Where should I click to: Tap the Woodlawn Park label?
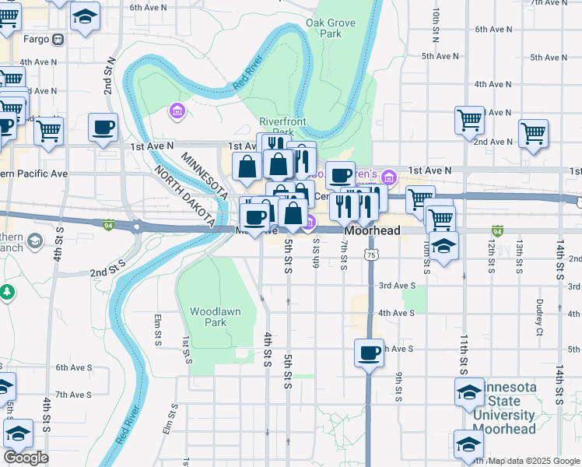click(x=209, y=317)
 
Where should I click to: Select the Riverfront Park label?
click(x=282, y=127)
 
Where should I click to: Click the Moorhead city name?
click(x=372, y=231)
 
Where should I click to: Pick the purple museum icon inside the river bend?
click(x=177, y=112)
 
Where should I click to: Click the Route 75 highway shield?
click(x=373, y=255)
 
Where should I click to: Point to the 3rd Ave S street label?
click(x=396, y=286)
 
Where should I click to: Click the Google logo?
click(x=26, y=458)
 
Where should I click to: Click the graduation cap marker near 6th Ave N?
click(x=84, y=16)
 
